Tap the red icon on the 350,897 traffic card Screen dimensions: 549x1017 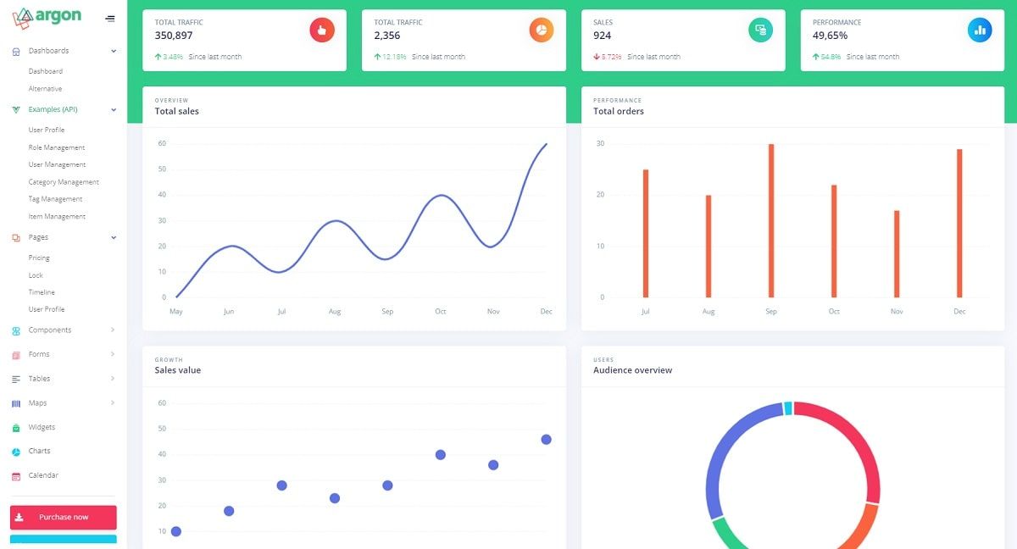(x=322, y=30)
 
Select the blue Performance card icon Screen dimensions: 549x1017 (x=980, y=30)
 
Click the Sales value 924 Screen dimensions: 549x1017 (x=602, y=36)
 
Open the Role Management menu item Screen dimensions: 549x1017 (x=57, y=147)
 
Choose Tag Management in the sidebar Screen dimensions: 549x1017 (x=55, y=199)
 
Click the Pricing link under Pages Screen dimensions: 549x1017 (x=39, y=258)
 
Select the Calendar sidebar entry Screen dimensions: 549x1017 (x=43, y=475)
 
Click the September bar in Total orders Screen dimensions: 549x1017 (x=771, y=220)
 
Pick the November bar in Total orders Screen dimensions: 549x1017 (x=897, y=253)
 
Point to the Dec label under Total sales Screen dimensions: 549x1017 (x=546, y=312)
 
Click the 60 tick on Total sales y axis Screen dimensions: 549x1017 (x=162, y=143)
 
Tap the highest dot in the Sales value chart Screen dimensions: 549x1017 (x=546, y=440)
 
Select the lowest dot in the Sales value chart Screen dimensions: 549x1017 (x=176, y=531)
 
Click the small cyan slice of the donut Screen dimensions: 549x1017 (x=788, y=408)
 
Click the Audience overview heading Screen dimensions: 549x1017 (x=632, y=370)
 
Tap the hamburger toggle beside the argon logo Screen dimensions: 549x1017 (x=110, y=19)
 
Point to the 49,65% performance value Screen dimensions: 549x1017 (x=830, y=36)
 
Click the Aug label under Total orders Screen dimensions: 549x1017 (x=709, y=312)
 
